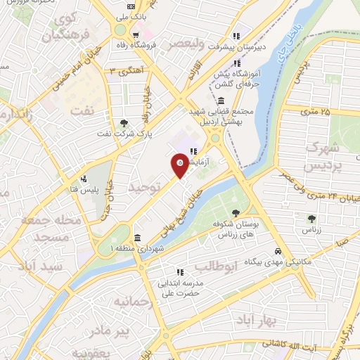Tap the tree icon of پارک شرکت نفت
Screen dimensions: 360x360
point(124,122)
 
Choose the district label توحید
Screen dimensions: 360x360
point(145,186)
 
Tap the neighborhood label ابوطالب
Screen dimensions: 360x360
point(212,267)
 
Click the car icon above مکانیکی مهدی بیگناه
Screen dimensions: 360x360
point(278,252)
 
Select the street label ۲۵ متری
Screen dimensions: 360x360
point(314,111)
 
